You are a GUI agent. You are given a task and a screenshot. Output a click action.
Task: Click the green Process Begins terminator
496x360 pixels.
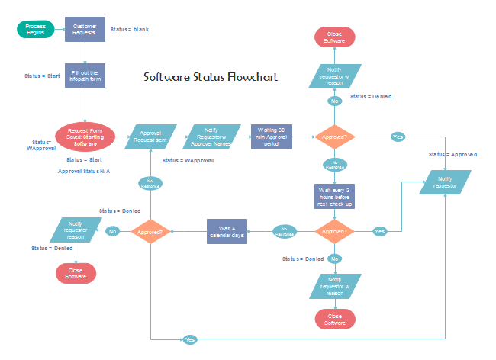point(36,29)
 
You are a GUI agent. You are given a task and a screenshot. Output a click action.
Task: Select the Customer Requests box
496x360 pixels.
point(85,29)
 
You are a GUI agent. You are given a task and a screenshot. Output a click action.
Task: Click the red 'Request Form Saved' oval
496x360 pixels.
point(85,137)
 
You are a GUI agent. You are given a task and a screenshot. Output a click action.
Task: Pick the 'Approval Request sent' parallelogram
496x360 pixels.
point(150,137)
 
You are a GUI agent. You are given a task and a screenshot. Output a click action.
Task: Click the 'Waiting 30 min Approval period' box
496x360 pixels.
point(272,137)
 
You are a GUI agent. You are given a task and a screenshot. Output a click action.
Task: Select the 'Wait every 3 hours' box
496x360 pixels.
point(335,196)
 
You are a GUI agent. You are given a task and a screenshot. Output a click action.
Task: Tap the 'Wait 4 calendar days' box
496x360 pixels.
point(227,230)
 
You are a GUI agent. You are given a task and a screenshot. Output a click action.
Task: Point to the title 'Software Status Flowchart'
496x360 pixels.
point(211,78)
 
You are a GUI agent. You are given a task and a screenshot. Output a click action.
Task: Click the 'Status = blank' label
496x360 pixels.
point(130,29)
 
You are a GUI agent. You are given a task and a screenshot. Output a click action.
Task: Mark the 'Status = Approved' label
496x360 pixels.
point(453,154)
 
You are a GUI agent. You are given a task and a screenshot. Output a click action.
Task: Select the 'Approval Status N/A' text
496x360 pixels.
point(84,171)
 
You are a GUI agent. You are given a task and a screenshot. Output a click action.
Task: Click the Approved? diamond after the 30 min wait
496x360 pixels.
point(335,137)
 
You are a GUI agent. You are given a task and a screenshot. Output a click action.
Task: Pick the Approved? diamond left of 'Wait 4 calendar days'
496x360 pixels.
point(150,230)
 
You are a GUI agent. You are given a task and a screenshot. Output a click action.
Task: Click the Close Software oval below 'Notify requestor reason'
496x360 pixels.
point(76,273)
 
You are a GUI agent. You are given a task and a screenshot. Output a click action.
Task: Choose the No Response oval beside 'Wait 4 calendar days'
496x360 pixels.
point(285,230)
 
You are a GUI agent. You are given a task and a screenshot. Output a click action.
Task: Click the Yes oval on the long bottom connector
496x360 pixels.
point(190,339)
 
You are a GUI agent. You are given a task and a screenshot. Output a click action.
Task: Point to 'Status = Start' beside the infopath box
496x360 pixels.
point(42,76)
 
